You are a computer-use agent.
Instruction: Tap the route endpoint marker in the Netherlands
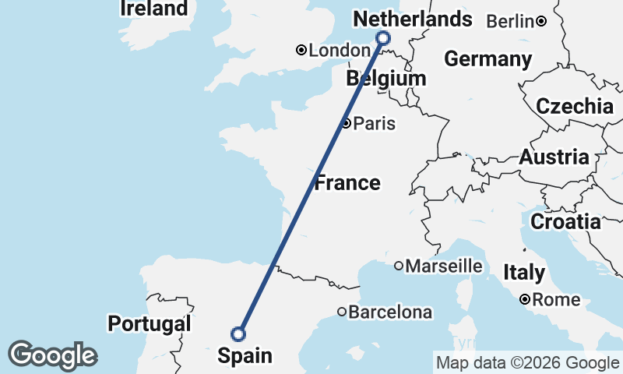pos(383,37)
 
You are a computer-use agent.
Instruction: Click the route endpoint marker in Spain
pos(238,334)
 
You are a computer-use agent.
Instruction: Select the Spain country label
pos(245,356)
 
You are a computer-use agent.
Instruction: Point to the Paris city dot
pos(345,123)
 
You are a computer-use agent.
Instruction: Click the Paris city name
pos(375,124)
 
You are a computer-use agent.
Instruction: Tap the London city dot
pos(301,51)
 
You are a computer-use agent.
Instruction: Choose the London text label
pos(340,51)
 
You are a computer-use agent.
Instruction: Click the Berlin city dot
pos(540,21)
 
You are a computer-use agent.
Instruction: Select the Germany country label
pos(487,59)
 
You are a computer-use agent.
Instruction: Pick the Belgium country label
pos(387,79)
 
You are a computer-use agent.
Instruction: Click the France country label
pos(347,183)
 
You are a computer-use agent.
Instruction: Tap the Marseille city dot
pos(399,266)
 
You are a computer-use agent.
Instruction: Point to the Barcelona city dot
pos(341,312)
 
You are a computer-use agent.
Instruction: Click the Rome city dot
pos(526,299)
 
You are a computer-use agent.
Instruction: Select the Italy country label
pos(523,273)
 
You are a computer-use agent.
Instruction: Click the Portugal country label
pos(150,323)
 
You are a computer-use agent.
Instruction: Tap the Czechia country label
pos(575,107)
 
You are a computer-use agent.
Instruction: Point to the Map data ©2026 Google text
pos(527,362)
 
